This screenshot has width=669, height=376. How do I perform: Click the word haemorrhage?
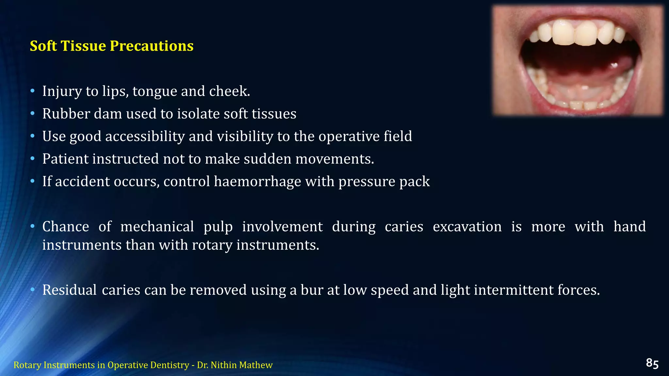coord(257,181)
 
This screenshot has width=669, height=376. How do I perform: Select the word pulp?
coord(218,227)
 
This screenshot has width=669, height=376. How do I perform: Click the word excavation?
coord(467,227)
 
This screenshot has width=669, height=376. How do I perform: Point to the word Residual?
coord(69,290)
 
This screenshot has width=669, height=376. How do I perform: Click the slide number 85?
coord(652,363)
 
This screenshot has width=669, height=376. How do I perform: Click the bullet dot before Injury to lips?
coord(32,91)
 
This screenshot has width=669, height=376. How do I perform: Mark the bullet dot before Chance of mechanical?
coord(32,227)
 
